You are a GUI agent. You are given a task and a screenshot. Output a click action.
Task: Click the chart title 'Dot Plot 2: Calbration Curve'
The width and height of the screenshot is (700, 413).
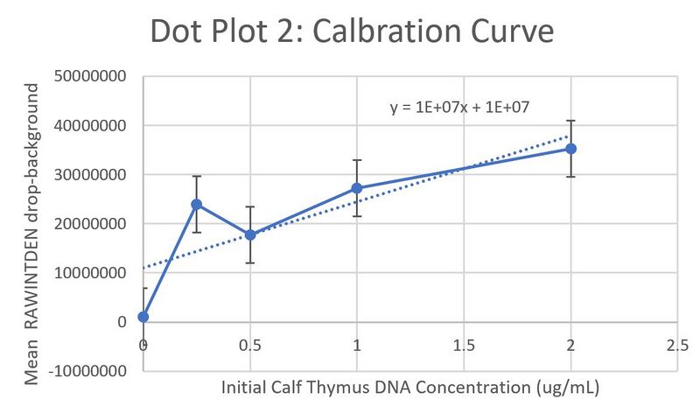click(x=352, y=31)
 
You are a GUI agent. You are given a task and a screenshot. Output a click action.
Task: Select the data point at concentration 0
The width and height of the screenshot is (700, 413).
click(x=143, y=317)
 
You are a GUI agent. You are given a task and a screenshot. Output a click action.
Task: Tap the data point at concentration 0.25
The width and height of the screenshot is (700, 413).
click(x=197, y=204)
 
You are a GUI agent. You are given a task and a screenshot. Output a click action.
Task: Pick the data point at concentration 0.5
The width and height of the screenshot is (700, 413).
click(x=250, y=234)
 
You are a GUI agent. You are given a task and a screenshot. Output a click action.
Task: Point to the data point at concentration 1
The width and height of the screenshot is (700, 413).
click(x=357, y=188)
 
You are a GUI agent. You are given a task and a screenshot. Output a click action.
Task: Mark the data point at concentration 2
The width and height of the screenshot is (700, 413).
click(x=570, y=149)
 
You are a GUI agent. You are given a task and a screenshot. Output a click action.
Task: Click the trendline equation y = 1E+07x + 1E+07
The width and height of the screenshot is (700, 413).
click(x=462, y=108)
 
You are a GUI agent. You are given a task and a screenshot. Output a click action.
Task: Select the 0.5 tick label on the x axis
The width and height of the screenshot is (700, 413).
click(x=250, y=346)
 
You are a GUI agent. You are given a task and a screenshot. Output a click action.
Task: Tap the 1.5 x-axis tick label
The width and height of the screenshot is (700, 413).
click(x=464, y=346)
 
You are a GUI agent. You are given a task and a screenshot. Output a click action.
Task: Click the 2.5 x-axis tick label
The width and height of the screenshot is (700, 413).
click(x=677, y=346)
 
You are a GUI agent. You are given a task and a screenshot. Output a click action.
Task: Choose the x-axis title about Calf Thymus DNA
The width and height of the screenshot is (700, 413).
click(x=410, y=387)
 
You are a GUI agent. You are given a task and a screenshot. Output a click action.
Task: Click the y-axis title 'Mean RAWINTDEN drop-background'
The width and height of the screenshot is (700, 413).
click(x=31, y=234)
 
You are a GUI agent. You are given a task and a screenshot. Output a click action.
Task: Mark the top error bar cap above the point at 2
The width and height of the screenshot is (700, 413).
click(x=570, y=121)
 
